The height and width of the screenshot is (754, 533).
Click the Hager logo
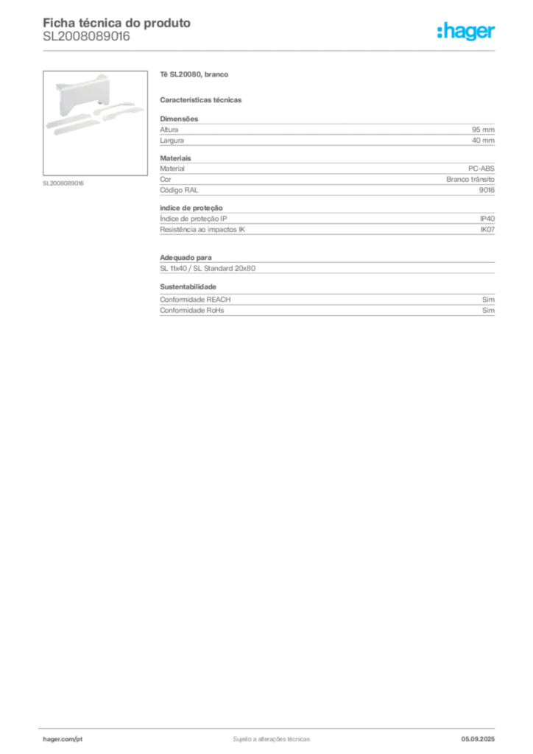(465, 32)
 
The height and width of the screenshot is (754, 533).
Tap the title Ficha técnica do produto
(117, 23)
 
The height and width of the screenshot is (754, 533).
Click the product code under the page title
(87, 37)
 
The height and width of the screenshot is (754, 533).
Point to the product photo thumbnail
(95, 123)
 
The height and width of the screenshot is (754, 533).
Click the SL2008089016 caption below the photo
(63, 183)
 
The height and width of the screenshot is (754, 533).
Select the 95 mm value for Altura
(483, 130)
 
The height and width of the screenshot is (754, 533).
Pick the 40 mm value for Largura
(483, 141)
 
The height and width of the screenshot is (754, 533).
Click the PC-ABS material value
(481, 169)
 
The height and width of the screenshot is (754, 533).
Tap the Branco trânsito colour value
(470, 179)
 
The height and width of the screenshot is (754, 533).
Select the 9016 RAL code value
(487, 190)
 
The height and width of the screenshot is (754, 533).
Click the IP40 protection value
(487, 218)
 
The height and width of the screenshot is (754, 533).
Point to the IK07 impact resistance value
(487, 230)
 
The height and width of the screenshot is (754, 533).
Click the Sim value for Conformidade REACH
(488, 299)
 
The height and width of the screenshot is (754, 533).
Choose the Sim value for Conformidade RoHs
(488, 310)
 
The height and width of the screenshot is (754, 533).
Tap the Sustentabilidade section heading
(188, 286)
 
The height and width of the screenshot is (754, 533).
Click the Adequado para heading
(186, 258)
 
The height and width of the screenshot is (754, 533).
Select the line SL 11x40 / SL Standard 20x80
(208, 268)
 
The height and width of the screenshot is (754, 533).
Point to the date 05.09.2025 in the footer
(478, 739)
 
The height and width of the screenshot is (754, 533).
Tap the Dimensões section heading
(179, 119)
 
